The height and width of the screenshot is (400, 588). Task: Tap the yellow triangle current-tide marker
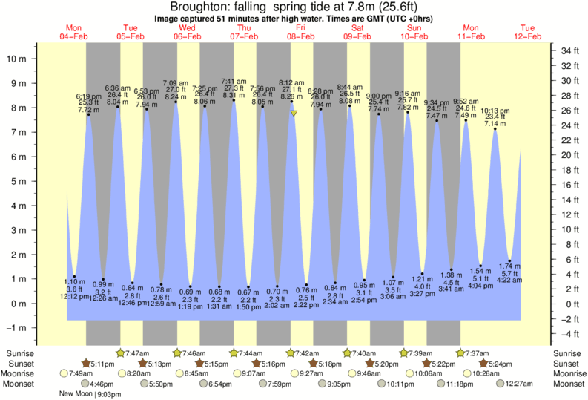pyautogui.click(x=294, y=114)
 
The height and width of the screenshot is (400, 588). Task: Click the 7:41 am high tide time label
pyautogui.click(x=234, y=82)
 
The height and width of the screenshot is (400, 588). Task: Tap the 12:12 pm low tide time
pyautogui.click(x=73, y=296)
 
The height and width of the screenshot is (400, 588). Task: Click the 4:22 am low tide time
pyautogui.click(x=509, y=280)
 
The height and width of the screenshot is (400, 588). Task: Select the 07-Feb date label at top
pyautogui.click(x=243, y=36)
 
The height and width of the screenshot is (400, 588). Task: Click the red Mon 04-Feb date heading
pyautogui.click(x=73, y=32)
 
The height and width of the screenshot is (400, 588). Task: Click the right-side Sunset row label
pyautogui.click(x=566, y=364)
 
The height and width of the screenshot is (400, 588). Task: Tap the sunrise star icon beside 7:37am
pyautogui.click(x=461, y=353)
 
